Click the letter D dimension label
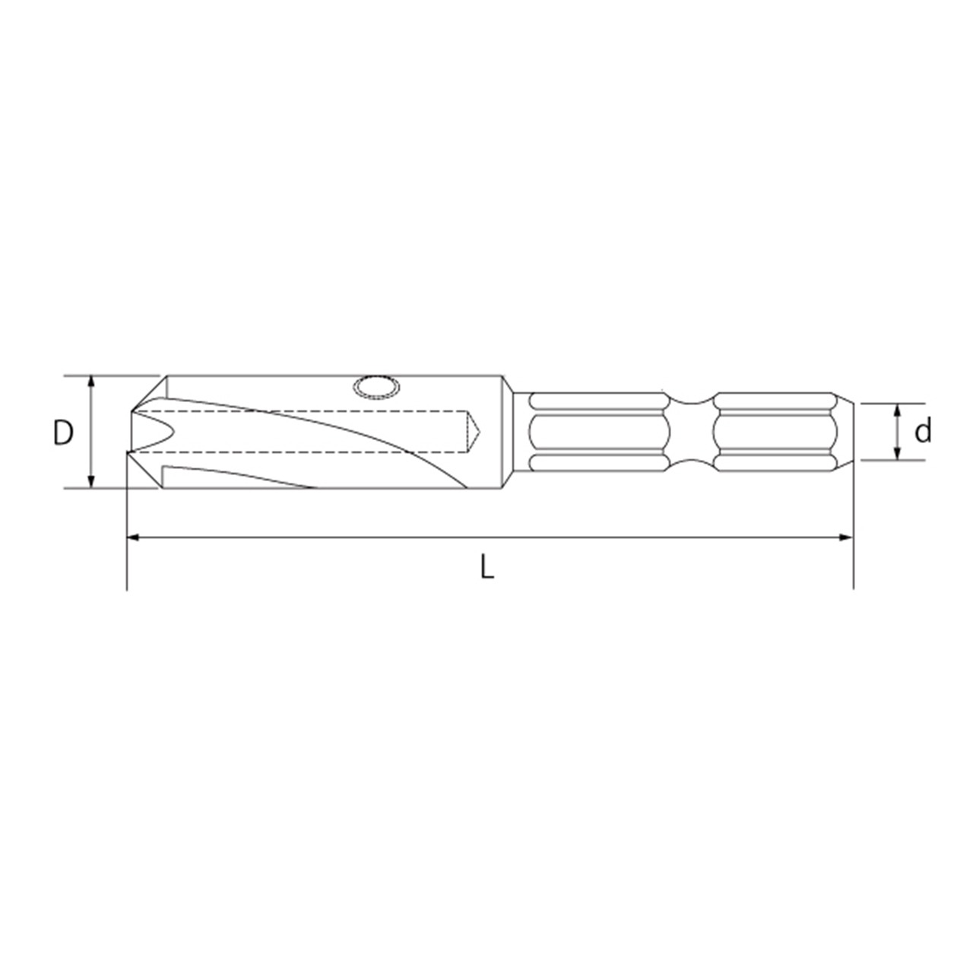click(x=63, y=433)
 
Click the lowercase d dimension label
click(x=924, y=431)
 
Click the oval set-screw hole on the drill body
click(x=377, y=388)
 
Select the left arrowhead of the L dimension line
click(x=133, y=537)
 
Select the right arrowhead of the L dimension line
click(x=846, y=537)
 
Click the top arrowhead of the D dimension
click(x=91, y=382)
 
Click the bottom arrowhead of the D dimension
click(x=91, y=482)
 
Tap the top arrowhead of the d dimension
click(x=897, y=410)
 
